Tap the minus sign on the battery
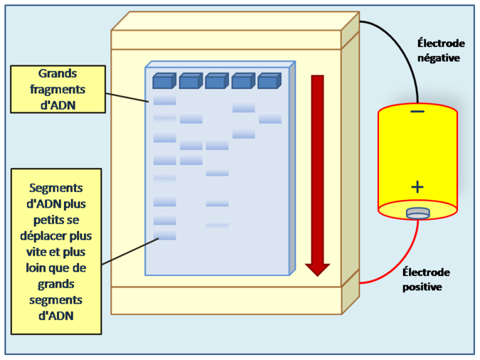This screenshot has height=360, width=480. tap(417, 112)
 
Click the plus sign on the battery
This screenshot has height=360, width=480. tap(417, 187)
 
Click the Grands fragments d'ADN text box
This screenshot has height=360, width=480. tap(58, 90)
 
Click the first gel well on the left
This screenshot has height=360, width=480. tap(164, 82)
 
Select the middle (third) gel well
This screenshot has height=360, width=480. tap(215, 82)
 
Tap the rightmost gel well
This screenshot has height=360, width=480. tap(268, 82)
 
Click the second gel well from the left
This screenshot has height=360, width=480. tap(189, 82)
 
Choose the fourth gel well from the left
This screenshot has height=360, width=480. tap(242, 82)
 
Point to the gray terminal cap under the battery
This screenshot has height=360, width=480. tap(417, 213)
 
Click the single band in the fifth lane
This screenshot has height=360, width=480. tap(270, 120)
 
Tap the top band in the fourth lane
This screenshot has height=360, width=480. tap(244, 108)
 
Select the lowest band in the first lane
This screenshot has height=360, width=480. tap(165, 235)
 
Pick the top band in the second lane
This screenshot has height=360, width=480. tap(191, 120)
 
